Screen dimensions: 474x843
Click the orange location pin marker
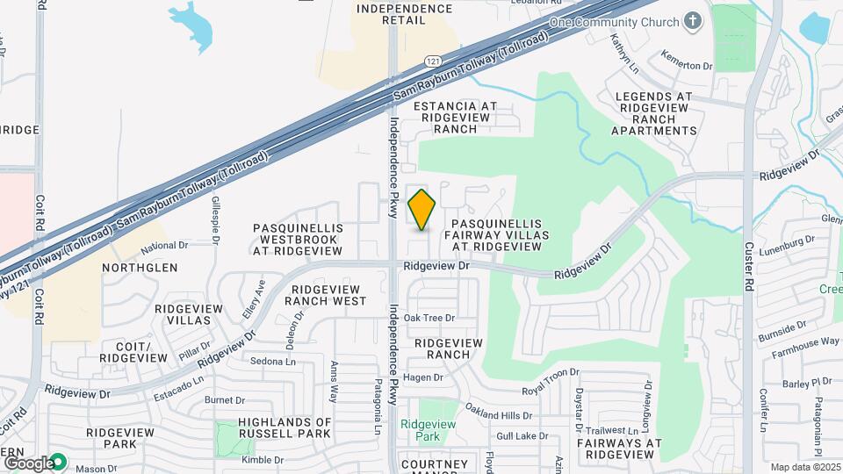[422, 210]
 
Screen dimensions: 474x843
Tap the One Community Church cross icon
[694, 22]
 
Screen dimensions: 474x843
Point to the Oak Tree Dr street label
[429, 318]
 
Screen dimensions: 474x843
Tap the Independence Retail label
[405, 15]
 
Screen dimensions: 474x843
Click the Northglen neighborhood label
[140, 268]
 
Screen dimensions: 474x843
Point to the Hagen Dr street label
[423, 377]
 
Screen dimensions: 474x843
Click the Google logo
[29, 463]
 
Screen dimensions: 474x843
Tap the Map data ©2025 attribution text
[805, 467]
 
